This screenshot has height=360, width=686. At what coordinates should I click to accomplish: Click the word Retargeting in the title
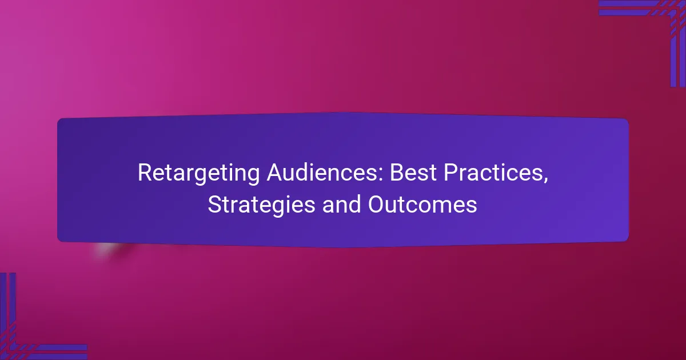(x=198, y=174)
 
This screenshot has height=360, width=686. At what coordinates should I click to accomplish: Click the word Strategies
(x=261, y=205)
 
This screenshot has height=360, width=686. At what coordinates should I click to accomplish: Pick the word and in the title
(x=341, y=204)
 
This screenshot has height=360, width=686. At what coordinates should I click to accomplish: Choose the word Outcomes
(x=422, y=204)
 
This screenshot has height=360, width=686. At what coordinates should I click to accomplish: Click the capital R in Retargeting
(x=145, y=173)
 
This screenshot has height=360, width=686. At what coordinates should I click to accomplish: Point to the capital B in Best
(x=397, y=173)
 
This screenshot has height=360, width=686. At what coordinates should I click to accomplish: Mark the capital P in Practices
(x=451, y=173)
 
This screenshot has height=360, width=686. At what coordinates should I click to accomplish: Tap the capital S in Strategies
(x=215, y=204)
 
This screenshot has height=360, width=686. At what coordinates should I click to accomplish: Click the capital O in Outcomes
(x=377, y=204)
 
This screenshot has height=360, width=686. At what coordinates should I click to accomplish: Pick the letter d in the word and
(x=354, y=204)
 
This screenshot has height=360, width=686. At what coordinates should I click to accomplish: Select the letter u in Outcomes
(x=394, y=207)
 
